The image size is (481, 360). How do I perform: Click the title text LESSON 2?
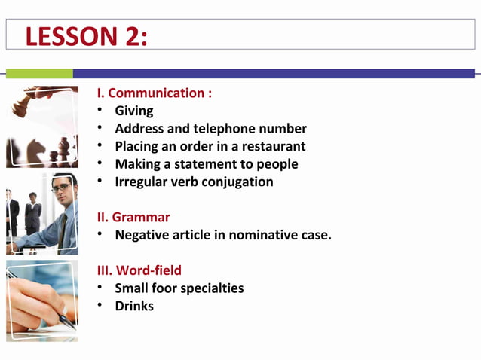click(86, 36)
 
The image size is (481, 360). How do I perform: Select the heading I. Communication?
click(154, 93)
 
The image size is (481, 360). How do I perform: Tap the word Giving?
click(133, 111)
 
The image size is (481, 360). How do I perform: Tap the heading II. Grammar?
click(133, 217)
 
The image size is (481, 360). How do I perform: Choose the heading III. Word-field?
click(139, 270)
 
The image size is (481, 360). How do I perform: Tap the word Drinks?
click(134, 306)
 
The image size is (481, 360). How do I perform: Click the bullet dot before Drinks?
click(100, 305)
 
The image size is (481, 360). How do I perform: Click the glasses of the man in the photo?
click(61, 188)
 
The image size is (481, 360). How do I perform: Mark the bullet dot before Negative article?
click(100, 234)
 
